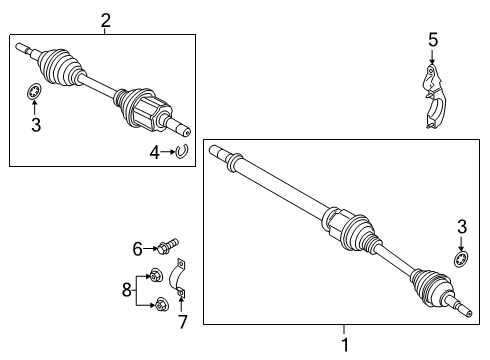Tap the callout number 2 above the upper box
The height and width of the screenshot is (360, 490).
tap(106, 18)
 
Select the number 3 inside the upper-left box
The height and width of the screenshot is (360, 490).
tap(34, 125)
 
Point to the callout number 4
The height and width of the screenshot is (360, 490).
tap(155, 152)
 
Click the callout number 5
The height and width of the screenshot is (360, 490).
tap(433, 40)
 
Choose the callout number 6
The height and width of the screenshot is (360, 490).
tap(137, 246)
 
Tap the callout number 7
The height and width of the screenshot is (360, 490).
tap(183, 322)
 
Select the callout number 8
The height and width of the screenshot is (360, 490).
tap(125, 290)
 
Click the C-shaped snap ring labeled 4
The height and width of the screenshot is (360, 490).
tap(182, 151)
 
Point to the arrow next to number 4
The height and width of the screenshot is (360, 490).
tap(167, 152)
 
